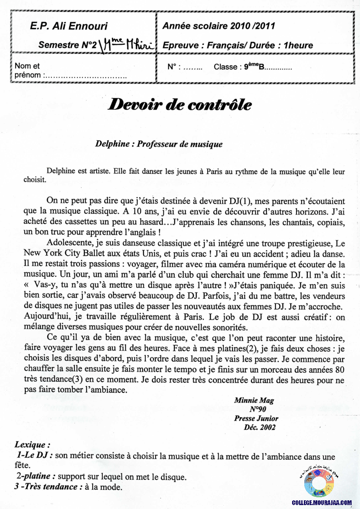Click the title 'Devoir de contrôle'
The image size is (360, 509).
[179, 105]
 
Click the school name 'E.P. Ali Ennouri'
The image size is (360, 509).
[69, 26]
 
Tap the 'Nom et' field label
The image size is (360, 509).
[27, 66]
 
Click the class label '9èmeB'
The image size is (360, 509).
[254, 67]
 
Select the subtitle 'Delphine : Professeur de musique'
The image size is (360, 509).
[159, 144]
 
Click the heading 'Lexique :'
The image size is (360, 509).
[32, 445]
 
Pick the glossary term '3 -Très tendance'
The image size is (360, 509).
[48, 486]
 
